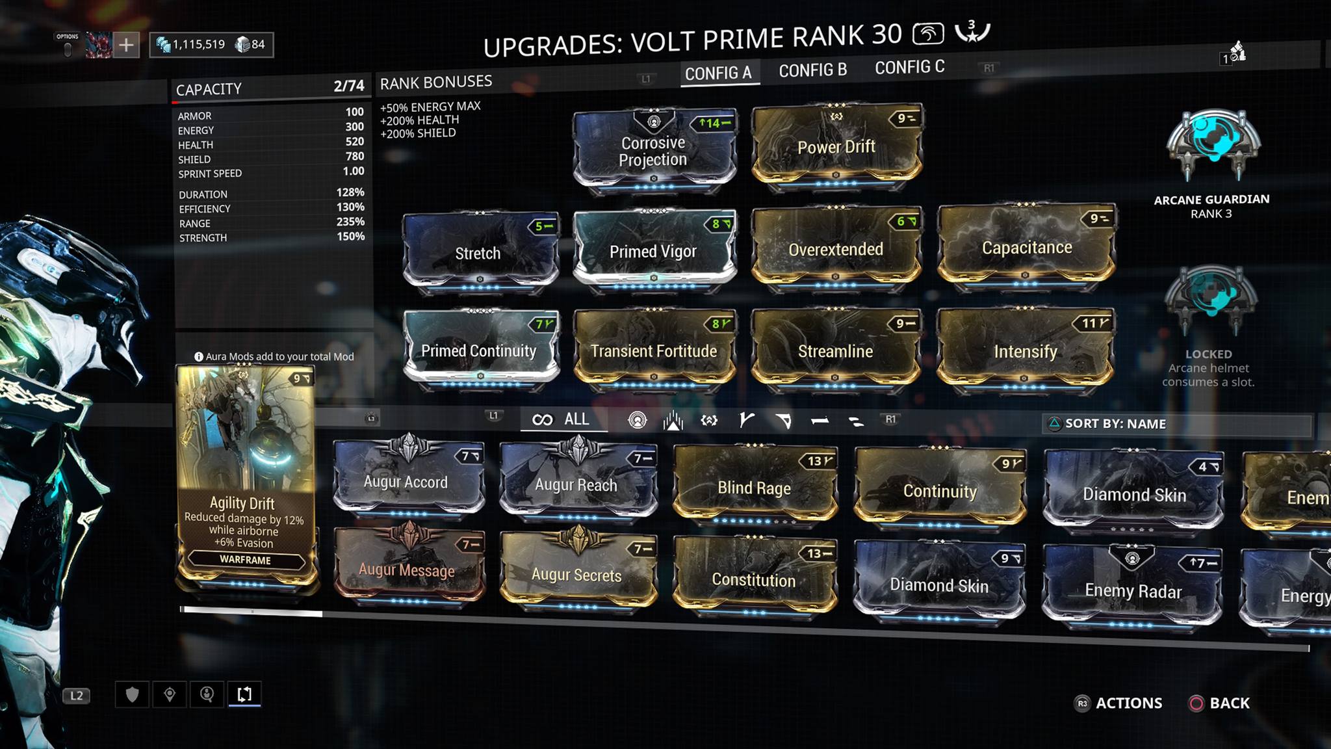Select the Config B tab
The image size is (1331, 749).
click(812, 70)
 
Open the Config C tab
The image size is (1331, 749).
click(909, 68)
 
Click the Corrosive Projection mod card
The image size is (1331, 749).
click(654, 151)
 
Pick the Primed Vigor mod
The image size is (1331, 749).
click(654, 251)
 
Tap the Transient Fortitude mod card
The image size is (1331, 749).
click(654, 351)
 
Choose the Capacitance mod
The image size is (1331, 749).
click(1026, 248)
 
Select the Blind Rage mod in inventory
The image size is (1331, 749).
click(754, 488)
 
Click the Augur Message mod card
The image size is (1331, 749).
click(407, 570)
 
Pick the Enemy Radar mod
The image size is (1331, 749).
click(1132, 590)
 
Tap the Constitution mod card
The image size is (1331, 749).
click(754, 579)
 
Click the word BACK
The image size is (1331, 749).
click(1229, 703)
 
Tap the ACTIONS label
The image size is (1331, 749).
click(1129, 703)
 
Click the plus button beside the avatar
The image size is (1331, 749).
click(126, 45)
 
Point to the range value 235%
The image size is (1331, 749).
click(350, 222)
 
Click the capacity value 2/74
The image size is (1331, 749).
click(349, 86)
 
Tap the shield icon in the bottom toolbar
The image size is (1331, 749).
click(132, 694)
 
